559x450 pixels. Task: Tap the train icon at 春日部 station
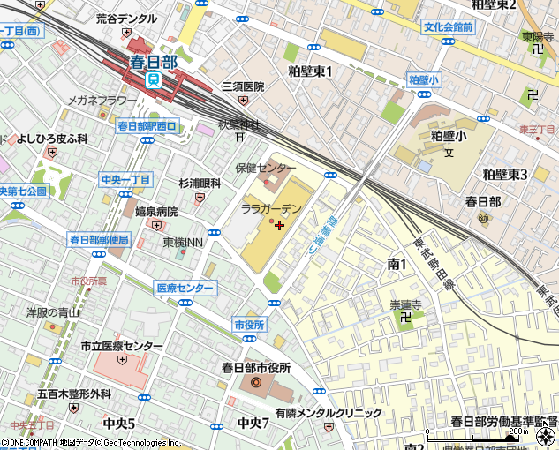(154, 79)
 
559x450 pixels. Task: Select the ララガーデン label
(271, 208)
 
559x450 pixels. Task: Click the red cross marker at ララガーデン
(280, 225)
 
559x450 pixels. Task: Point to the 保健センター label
(265, 168)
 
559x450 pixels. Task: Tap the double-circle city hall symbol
(256, 382)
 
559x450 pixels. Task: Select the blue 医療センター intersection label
(185, 288)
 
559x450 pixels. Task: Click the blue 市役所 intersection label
(250, 325)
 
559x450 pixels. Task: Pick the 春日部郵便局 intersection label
(99, 239)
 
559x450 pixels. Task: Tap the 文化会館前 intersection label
(448, 27)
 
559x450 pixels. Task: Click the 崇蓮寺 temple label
(406, 304)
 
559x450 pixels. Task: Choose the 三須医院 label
(243, 86)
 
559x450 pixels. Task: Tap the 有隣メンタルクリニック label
(328, 412)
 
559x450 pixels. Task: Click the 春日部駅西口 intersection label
(147, 126)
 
